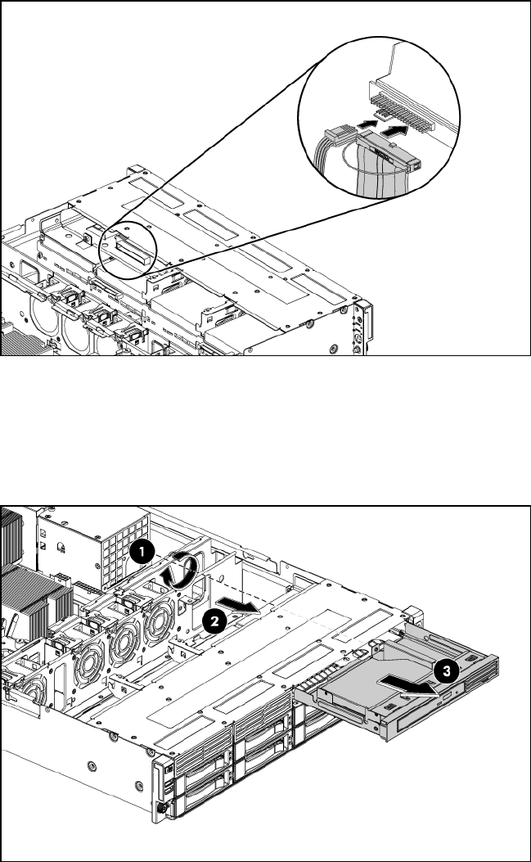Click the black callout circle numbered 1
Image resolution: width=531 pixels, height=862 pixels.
[x=142, y=553]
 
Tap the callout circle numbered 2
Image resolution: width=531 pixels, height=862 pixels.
[x=214, y=622]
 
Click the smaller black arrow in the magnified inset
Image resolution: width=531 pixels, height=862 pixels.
[x=365, y=126]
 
